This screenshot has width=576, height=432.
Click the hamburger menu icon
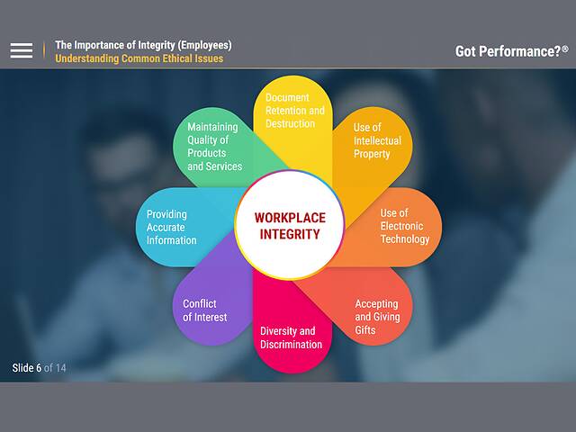[x=22, y=50]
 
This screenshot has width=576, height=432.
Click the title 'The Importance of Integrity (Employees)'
[x=143, y=44]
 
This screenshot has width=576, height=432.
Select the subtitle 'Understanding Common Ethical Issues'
[x=139, y=58]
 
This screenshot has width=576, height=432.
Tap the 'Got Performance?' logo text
[x=507, y=51]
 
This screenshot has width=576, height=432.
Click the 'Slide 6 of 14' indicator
[x=39, y=367]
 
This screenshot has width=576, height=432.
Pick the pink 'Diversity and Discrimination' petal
[x=291, y=337]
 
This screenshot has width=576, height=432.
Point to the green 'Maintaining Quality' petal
[x=214, y=147]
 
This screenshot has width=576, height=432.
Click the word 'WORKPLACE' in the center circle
[x=290, y=218]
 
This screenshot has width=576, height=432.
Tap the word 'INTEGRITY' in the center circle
[x=290, y=234]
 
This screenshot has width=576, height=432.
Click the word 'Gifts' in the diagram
[x=365, y=330]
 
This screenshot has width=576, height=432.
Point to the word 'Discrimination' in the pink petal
[x=291, y=345]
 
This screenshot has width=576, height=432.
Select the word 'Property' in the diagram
[x=372, y=154]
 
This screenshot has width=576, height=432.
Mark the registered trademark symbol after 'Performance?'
[x=564, y=48]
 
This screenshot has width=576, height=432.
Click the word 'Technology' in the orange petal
[x=404, y=239]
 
